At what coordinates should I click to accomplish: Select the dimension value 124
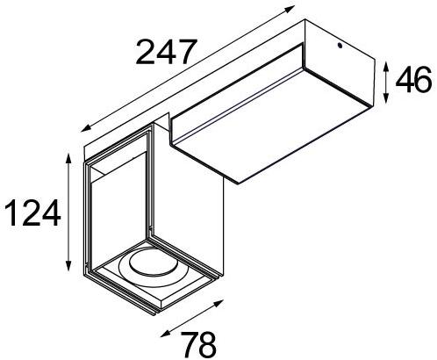coord(32,213)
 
